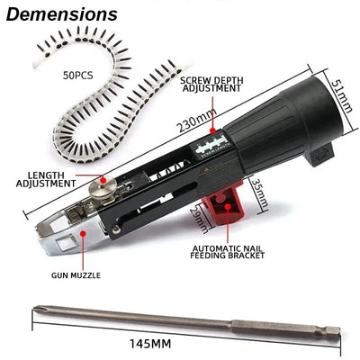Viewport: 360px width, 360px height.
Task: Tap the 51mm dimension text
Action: (x=338, y=91)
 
